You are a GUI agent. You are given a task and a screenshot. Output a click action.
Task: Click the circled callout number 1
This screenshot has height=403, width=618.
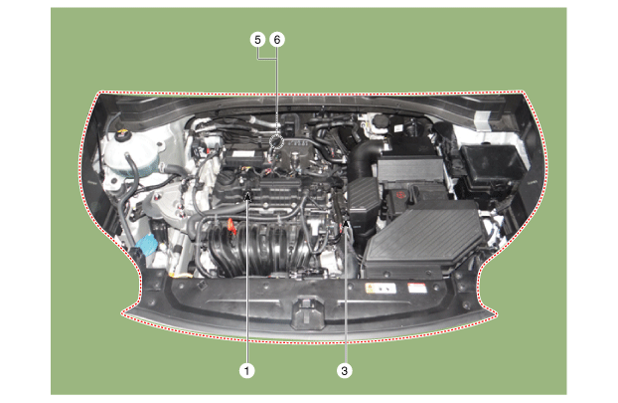point(246,370)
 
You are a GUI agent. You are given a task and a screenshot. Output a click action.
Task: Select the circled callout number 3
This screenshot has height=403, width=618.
point(345,370)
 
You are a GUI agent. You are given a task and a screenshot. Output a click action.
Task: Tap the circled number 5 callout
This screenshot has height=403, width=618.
point(257,40)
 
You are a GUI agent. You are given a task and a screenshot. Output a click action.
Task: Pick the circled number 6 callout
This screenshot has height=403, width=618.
point(277,40)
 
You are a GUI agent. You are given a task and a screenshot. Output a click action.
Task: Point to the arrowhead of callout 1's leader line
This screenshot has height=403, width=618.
point(248,194)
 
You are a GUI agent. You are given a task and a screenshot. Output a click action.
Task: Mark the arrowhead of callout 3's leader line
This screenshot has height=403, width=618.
point(346,224)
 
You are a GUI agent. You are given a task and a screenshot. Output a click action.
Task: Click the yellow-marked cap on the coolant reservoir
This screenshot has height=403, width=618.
point(122,133)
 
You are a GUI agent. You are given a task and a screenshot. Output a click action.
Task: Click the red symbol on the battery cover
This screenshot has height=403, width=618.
point(400,195)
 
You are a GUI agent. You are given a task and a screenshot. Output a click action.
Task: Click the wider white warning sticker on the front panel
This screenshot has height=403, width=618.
point(381,289)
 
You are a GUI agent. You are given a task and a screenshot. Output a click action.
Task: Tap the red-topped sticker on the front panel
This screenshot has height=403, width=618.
point(417,288)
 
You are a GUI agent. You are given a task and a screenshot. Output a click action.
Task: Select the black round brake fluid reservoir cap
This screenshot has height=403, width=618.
point(382,119)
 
